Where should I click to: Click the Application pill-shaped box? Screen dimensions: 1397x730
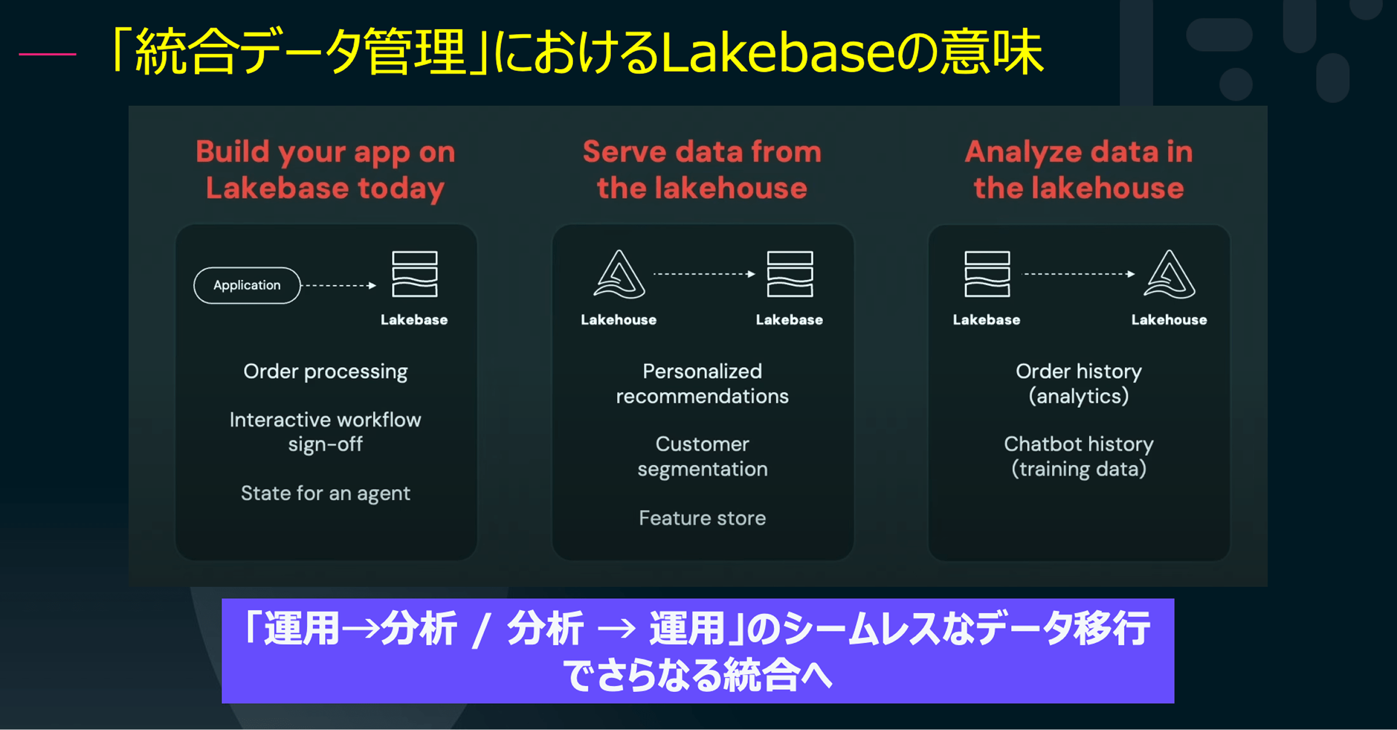click(247, 285)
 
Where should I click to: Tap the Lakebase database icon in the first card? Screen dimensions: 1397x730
click(414, 274)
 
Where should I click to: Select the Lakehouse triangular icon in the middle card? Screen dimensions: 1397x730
click(619, 274)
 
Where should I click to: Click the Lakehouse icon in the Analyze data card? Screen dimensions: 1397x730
click(1169, 274)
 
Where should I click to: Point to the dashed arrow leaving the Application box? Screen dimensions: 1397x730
click(339, 285)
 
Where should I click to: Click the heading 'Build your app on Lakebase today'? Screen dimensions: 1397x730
click(325, 170)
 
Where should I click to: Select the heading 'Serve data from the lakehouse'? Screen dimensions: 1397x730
click(702, 170)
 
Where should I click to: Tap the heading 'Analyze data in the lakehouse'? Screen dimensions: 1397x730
click(1079, 170)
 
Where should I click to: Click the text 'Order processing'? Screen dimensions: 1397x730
click(325, 372)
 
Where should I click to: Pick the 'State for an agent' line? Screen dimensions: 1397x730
click(325, 493)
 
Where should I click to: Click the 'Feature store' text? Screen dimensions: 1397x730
click(702, 518)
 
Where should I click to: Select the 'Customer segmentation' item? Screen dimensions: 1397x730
click(702, 457)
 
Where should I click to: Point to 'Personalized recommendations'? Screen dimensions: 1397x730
click(702, 383)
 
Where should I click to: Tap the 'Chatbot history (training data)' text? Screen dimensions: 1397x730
click(1079, 457)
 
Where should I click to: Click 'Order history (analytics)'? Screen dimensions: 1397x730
click(1079, 383)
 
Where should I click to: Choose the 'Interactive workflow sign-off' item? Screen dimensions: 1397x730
click(325, 432)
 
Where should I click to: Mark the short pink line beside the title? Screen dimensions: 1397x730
click(47, 54)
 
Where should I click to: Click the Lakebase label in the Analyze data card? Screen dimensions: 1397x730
click(987, 320)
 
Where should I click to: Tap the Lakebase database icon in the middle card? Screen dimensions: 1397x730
click(790, 274)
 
